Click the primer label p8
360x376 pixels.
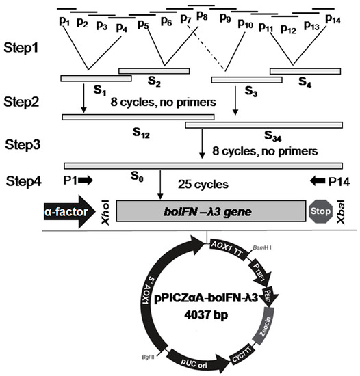203,14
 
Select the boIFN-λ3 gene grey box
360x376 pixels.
211,211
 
